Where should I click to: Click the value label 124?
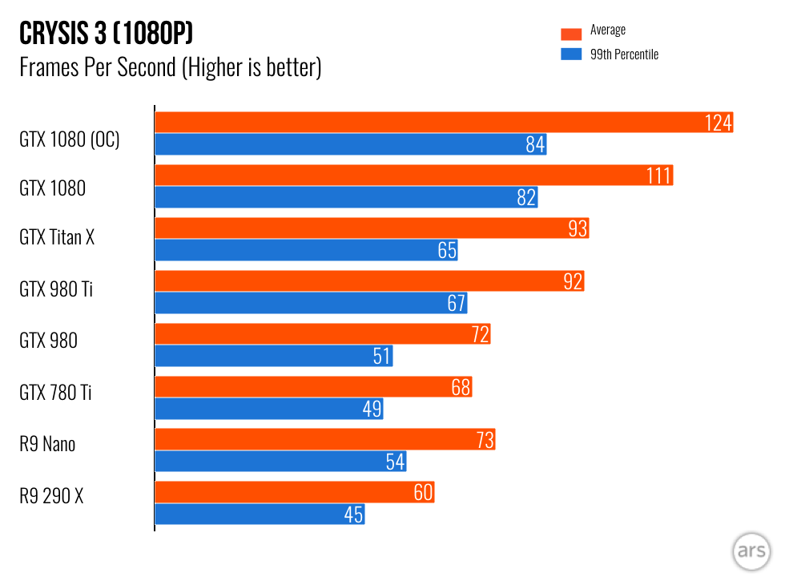(x=719, y=123)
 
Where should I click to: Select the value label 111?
(x=658, y=176)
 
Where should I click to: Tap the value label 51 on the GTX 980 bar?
(x=381, y=356)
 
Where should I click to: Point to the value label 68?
(x=461, y=387)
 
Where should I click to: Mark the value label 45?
(x=354, y=514)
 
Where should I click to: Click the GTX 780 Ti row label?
(x=55, y=393)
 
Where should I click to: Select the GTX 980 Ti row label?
(x=55, y=288)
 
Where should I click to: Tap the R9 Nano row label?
(x=47, y=444)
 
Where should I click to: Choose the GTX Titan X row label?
(x=57, y=237)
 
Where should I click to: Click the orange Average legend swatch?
(x=570, y=34)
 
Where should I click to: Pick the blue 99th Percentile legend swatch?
(x=570, y=54)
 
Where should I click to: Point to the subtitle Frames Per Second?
(x=170, y=67)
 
